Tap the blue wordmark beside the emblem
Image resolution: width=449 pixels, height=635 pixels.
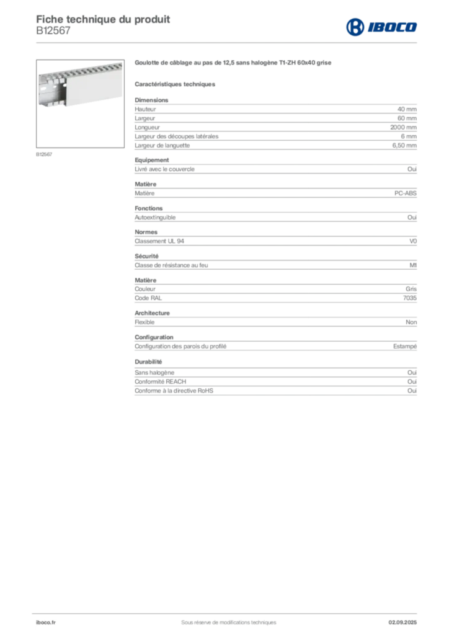(x=392, y=27)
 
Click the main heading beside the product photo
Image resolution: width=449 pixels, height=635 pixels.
(x=233, y=63)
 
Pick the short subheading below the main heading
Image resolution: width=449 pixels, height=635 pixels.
(x=176, y=84)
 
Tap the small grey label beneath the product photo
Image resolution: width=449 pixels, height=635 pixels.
(x=45, y=154)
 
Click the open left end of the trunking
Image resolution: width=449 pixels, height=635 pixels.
(x=47, y=92)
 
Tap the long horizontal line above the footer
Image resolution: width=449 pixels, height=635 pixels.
(x=228, y=611)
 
